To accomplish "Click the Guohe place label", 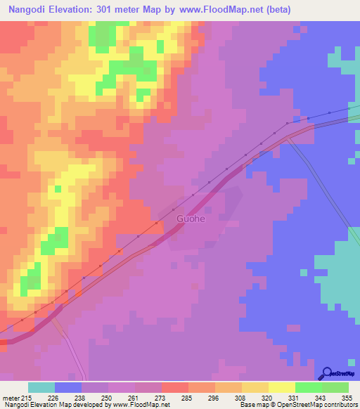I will (191, 219).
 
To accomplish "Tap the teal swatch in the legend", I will (41, 387).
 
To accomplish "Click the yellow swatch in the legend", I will (281, 387).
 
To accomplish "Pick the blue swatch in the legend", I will (68, 387).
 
